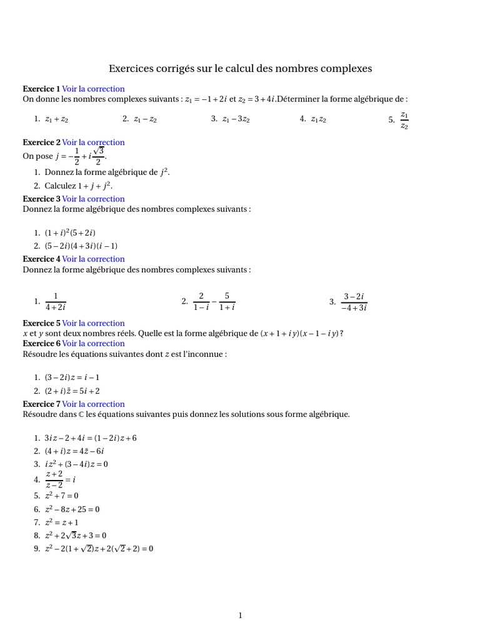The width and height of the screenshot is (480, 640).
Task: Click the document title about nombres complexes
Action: coord(240,68)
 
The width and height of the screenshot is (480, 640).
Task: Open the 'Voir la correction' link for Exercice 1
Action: coord(93,89)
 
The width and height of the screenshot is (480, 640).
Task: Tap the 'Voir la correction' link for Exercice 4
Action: coord(93,259)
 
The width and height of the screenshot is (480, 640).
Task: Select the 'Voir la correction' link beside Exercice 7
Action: coord(93,404)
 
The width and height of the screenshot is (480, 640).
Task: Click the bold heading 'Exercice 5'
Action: coord(41,323)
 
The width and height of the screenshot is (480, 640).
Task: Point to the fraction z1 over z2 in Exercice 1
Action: coord(404,120)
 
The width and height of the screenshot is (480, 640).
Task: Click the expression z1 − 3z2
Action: coord(236,119)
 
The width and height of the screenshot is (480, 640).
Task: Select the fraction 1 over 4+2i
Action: coord(56,301)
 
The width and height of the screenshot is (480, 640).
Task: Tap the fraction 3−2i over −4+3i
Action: coord(354,301)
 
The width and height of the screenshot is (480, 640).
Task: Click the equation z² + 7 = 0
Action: coord(61,496)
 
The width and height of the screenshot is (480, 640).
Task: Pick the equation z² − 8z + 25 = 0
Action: coord(72,509)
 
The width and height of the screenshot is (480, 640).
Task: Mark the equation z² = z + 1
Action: coord(61,522)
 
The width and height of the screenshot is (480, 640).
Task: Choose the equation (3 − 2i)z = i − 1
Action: coord(72,377)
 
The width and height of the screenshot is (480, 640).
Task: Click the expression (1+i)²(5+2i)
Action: coord(70,232)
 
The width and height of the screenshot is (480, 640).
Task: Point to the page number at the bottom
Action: coord(240,616)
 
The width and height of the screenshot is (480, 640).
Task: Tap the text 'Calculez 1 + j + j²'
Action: coord(78,186)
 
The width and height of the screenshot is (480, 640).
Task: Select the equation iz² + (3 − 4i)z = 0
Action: coord(76,464)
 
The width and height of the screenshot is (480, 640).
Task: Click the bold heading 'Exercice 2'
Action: coord(41,142)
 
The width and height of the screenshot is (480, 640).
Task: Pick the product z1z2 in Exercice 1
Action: coord(318,119)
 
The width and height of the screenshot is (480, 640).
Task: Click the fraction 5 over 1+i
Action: coord(227,301)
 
